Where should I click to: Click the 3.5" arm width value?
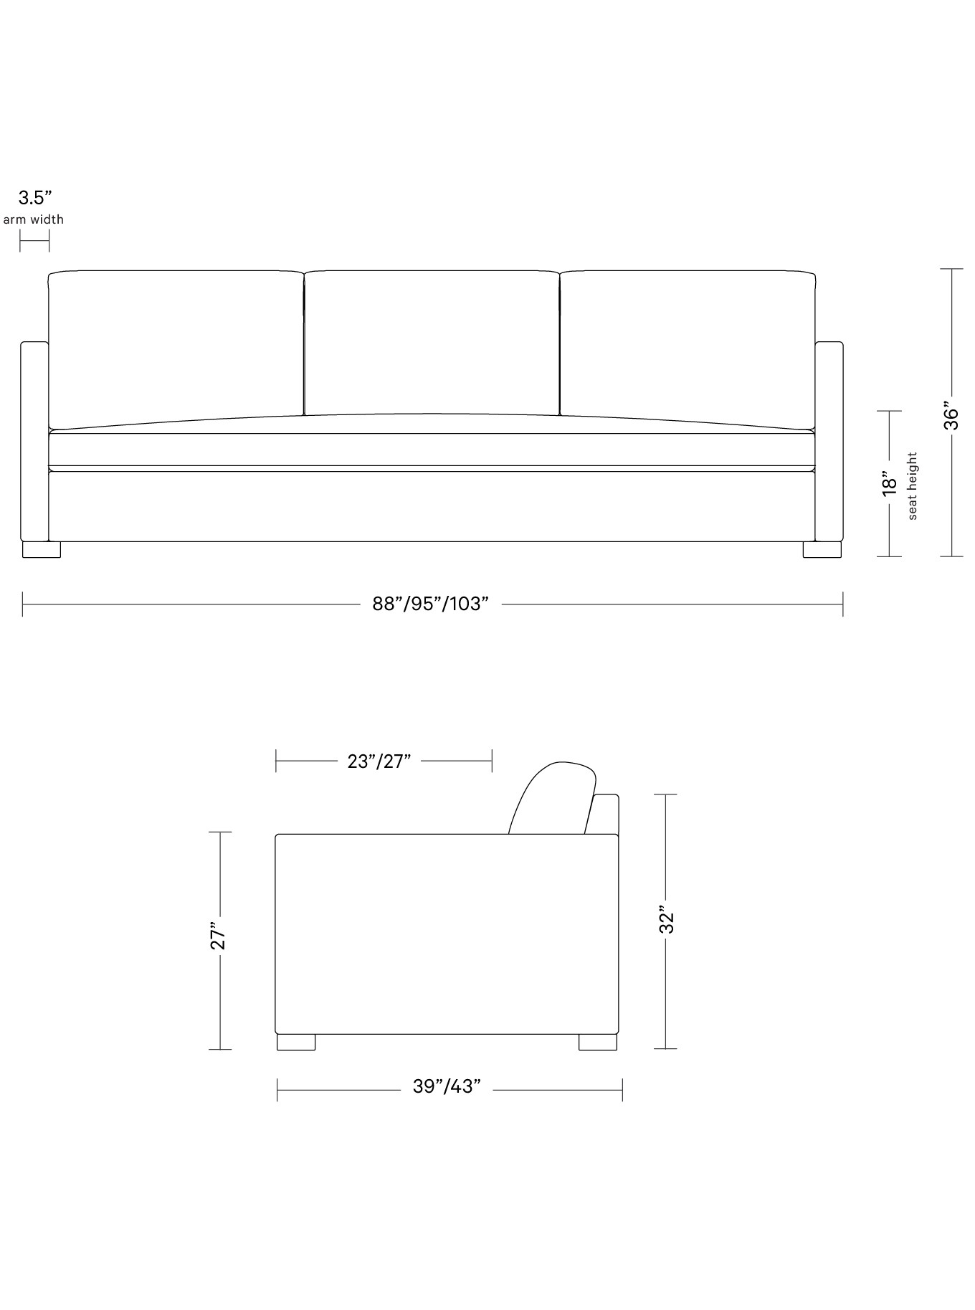click(35, 198)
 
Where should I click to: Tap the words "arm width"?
click(34, 219)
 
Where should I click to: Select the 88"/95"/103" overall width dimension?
click(430, 604)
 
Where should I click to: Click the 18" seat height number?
click(890, 483)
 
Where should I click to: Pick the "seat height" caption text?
click(913, 485)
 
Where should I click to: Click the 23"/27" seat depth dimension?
click(379, 761)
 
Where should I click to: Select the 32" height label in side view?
click(667, 922)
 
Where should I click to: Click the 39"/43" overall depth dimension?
click(446, 1086)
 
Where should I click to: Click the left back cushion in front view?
click(176, 344)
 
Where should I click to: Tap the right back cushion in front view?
click(687, 344)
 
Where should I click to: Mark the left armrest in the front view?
click(34, 441)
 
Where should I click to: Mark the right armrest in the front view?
click(829, 441)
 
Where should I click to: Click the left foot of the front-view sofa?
click(42, 550)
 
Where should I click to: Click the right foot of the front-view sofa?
click(822, 550)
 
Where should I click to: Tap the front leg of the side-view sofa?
click(295, 1043)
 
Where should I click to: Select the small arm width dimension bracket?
click(34, 242)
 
